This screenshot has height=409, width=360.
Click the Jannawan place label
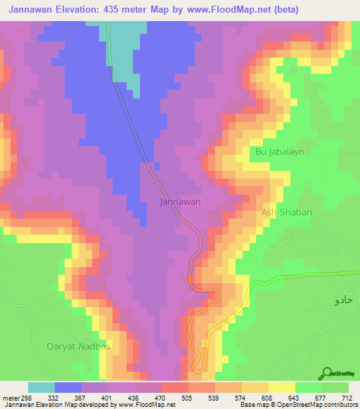tap(181, 202)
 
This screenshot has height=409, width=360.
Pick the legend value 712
tap(346, 398)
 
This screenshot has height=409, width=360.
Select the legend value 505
tap(188, 398)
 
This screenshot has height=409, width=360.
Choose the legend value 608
tap(267, 398)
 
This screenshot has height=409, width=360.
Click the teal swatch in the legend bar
tap(41, 388)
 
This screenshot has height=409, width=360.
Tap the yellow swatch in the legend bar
tap(282, 388)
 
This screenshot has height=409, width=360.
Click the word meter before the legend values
tap(11, 398)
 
